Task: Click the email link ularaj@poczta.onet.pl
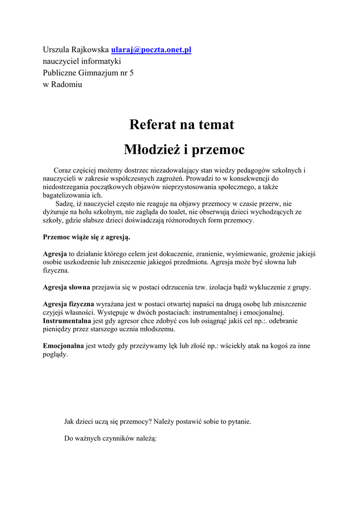(151, 50)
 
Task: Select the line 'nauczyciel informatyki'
(82, 61)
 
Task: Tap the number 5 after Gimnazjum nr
(131, 73)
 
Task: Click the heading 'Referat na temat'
(181, 124)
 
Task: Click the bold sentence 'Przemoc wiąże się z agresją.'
(87, 237)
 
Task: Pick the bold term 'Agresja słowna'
(66, 287)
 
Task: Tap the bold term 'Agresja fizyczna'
(68, 304)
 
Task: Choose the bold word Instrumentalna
(67, 321)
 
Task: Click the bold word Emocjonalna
(63, 346)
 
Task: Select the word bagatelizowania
(66, 195)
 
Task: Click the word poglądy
(55, 354)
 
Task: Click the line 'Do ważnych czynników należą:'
(110, 438)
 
